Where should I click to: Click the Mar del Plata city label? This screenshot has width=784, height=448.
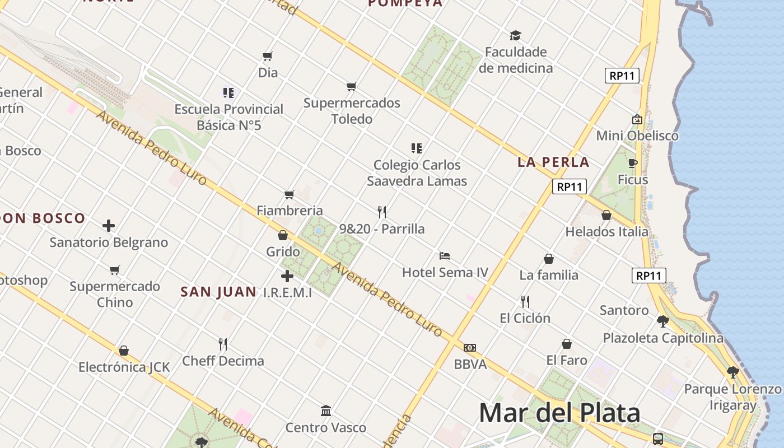click(x=559, y=413)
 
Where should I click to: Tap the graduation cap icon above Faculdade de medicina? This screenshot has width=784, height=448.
click(x=515, y=35)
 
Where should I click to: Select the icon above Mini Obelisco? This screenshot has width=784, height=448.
click(x=637, y=119)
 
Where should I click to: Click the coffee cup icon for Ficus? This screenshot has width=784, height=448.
click(x=633, y=163)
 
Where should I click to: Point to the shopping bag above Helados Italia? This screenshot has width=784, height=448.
click(x=606, y=215)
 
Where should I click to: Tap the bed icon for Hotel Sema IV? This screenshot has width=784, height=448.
click(x=445, y=256)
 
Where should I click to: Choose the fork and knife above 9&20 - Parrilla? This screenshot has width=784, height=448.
click(x=382, y=212)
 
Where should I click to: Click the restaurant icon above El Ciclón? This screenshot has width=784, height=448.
click(x=525, y=301)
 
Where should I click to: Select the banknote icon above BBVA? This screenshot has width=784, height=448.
click(x=470, y=348)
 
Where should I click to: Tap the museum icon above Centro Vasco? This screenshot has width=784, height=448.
click(x=326, y=411)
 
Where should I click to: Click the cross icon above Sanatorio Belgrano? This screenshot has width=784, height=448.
click(x=109, y=226)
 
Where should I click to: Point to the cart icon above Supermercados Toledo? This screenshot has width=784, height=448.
click(x=351, y=87)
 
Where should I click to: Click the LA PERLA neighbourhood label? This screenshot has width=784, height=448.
click(x=553, y=162)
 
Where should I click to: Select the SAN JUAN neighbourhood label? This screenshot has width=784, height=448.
click(x=218, y=292)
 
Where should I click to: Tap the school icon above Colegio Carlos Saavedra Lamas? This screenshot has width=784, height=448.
click(x=416, y=148)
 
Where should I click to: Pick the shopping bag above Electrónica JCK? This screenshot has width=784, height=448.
click(x=124, y=351)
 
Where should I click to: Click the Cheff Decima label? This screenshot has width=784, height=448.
click(x=223, y=361)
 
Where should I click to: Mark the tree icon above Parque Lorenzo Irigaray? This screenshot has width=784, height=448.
click(x=732, y=372)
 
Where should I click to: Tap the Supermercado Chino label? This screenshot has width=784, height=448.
click(x=115, y=294)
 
